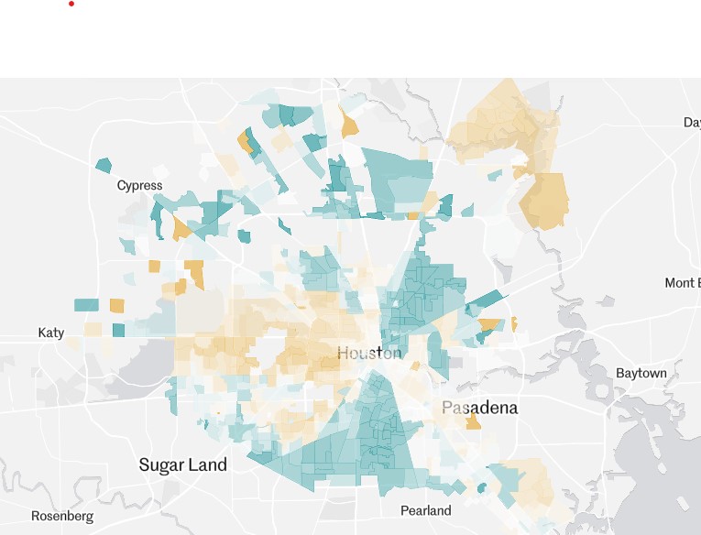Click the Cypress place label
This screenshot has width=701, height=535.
139,186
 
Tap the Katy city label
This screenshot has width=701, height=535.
51,333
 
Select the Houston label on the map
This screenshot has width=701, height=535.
368,353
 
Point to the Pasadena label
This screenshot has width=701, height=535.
479,408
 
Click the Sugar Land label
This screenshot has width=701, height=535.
182,464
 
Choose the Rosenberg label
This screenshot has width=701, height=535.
62,516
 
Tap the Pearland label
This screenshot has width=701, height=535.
426,510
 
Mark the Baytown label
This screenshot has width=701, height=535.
641,374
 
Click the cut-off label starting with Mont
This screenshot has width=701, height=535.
682,283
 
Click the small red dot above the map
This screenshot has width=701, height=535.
71,4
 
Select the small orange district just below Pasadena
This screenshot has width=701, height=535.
474,421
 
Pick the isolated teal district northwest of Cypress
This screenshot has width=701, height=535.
104,165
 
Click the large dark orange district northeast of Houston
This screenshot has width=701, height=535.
544,200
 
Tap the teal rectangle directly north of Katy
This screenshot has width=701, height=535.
86,305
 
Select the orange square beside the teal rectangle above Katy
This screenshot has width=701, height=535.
117,305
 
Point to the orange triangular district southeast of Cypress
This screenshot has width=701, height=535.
181,228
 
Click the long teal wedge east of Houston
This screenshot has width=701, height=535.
486,302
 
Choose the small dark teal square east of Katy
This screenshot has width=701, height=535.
118,330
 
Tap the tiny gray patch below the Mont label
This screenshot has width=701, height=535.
606,301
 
